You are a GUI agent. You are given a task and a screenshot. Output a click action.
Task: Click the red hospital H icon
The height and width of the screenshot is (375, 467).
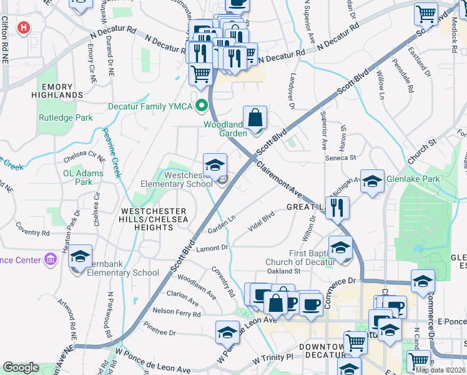coord(24,27)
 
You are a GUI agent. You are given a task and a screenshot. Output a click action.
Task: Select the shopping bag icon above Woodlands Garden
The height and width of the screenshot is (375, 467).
coord(255,117)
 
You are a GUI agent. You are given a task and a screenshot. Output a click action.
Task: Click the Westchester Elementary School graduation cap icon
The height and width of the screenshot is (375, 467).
coord(215,166)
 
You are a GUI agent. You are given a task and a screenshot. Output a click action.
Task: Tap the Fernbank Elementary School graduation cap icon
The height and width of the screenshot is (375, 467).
coord(80,257)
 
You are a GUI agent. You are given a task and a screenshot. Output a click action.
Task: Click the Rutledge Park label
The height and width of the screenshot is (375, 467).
coord(66,117)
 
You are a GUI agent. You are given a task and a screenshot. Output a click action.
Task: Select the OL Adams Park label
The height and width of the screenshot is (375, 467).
coord(84,177)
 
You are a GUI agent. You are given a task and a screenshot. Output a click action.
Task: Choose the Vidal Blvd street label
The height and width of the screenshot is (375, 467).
coord(261,222)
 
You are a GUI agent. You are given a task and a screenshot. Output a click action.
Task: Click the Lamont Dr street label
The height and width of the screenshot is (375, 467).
coord(214,248)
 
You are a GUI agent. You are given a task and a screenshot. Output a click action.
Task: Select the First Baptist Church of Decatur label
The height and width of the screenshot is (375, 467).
coord(307,257)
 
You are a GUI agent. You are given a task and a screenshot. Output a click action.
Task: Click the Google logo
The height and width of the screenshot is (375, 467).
coord(21,367)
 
